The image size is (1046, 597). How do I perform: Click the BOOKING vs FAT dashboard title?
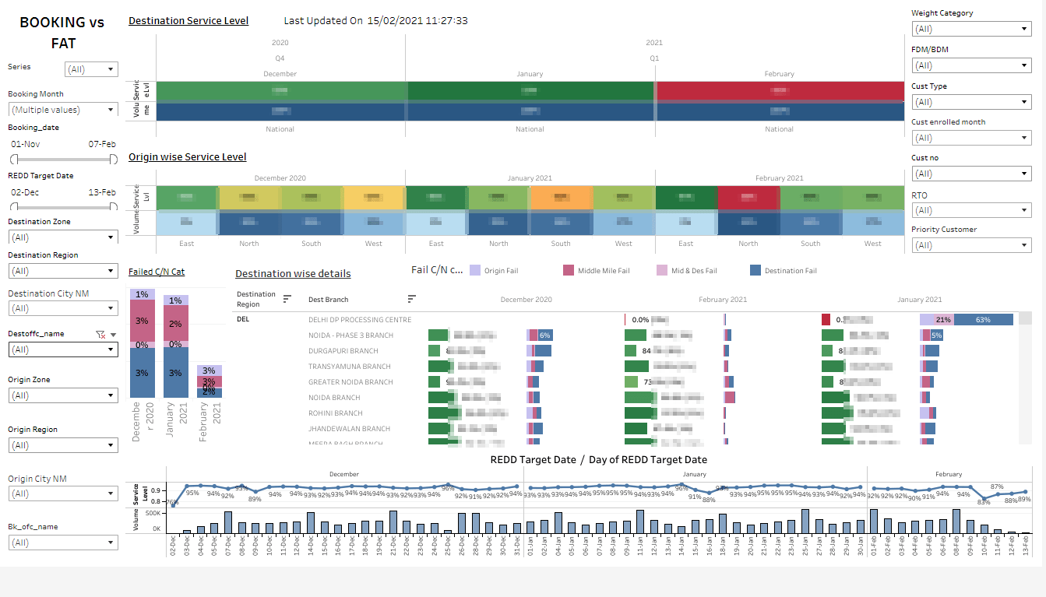pos(62,33)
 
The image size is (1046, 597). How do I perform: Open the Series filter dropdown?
pos(91,69)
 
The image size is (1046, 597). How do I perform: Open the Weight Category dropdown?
pos(970,29)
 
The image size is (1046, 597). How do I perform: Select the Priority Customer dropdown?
pos(970,245)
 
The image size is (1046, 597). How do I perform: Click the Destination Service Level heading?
pos(188,21)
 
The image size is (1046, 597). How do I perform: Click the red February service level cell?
pos(779,91)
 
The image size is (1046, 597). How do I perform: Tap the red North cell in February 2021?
pos(748,198)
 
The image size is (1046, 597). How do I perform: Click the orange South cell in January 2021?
pos(561,198)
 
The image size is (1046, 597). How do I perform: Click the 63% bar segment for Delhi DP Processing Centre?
pos(983,320)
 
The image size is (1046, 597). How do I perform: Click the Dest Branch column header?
pos(329,300)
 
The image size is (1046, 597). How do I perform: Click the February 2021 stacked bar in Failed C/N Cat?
pos(209,381)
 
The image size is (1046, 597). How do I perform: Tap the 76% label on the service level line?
pos(172,503)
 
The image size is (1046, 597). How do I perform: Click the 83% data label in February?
pos(984,502)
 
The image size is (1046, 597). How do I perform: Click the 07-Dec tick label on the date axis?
pos(227,549)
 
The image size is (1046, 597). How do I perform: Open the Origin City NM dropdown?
pos(63,493)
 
